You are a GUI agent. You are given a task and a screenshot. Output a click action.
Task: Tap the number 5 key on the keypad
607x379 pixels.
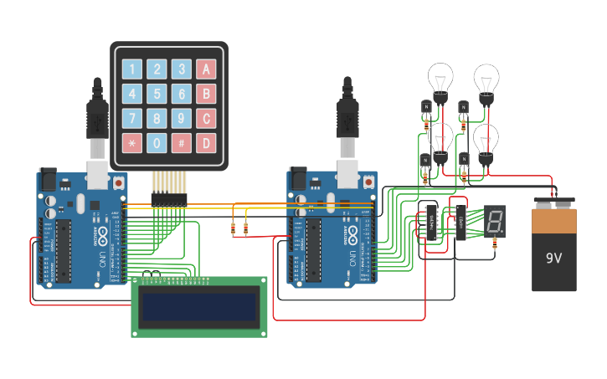coord(157,94)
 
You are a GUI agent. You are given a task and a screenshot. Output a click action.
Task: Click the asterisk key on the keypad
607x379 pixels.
coord(132,142)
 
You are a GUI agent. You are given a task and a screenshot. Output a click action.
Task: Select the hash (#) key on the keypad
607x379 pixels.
coord(181,142)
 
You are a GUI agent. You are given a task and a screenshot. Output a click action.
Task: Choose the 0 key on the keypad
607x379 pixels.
coord(157,142)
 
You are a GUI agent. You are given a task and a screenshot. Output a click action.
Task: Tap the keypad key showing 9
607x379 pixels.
coord(181,118)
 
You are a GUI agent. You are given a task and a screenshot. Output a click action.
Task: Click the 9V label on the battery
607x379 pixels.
coord(553,258)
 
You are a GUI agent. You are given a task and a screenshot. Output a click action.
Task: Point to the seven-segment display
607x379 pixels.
coord(494,222)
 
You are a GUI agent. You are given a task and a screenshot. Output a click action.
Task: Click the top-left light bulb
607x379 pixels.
coord(440,80)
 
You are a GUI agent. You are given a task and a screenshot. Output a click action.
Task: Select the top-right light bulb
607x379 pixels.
coord(486,80)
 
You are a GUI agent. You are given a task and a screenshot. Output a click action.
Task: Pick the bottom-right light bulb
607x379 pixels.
coord(486,141)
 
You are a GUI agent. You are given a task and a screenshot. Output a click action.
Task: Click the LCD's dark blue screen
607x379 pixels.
coord(199,307)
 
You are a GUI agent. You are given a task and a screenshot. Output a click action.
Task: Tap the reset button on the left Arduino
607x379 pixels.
coord(119,182)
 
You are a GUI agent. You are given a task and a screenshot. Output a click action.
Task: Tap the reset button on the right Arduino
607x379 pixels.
coord(368,181)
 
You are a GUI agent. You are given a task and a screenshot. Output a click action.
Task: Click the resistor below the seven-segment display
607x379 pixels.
coord(495,244)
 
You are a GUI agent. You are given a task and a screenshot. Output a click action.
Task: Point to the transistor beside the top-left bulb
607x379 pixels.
coord(425,107)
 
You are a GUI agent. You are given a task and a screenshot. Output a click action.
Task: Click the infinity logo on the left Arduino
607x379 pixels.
coord(103,232)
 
